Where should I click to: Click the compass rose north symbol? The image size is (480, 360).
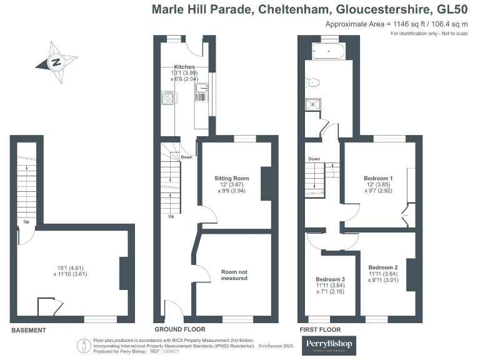click(x=56, y=62)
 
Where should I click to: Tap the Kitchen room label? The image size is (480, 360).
click(x=184, y=67)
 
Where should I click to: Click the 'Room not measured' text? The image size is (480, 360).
click(x=234, y=275)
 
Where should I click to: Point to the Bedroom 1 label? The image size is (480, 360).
click(x=379, y=178)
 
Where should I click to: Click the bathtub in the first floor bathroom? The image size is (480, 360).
click(x=324, y=51)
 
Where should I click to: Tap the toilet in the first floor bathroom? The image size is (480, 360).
click(x=312, y=82)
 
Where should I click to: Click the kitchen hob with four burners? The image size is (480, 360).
click(x=169, y=97)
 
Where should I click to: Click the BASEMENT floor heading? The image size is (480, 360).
click(x=28, y=330)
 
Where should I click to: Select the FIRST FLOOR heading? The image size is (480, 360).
click(x=319, y=329)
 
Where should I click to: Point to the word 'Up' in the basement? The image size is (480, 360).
click(x=26, y=222)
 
